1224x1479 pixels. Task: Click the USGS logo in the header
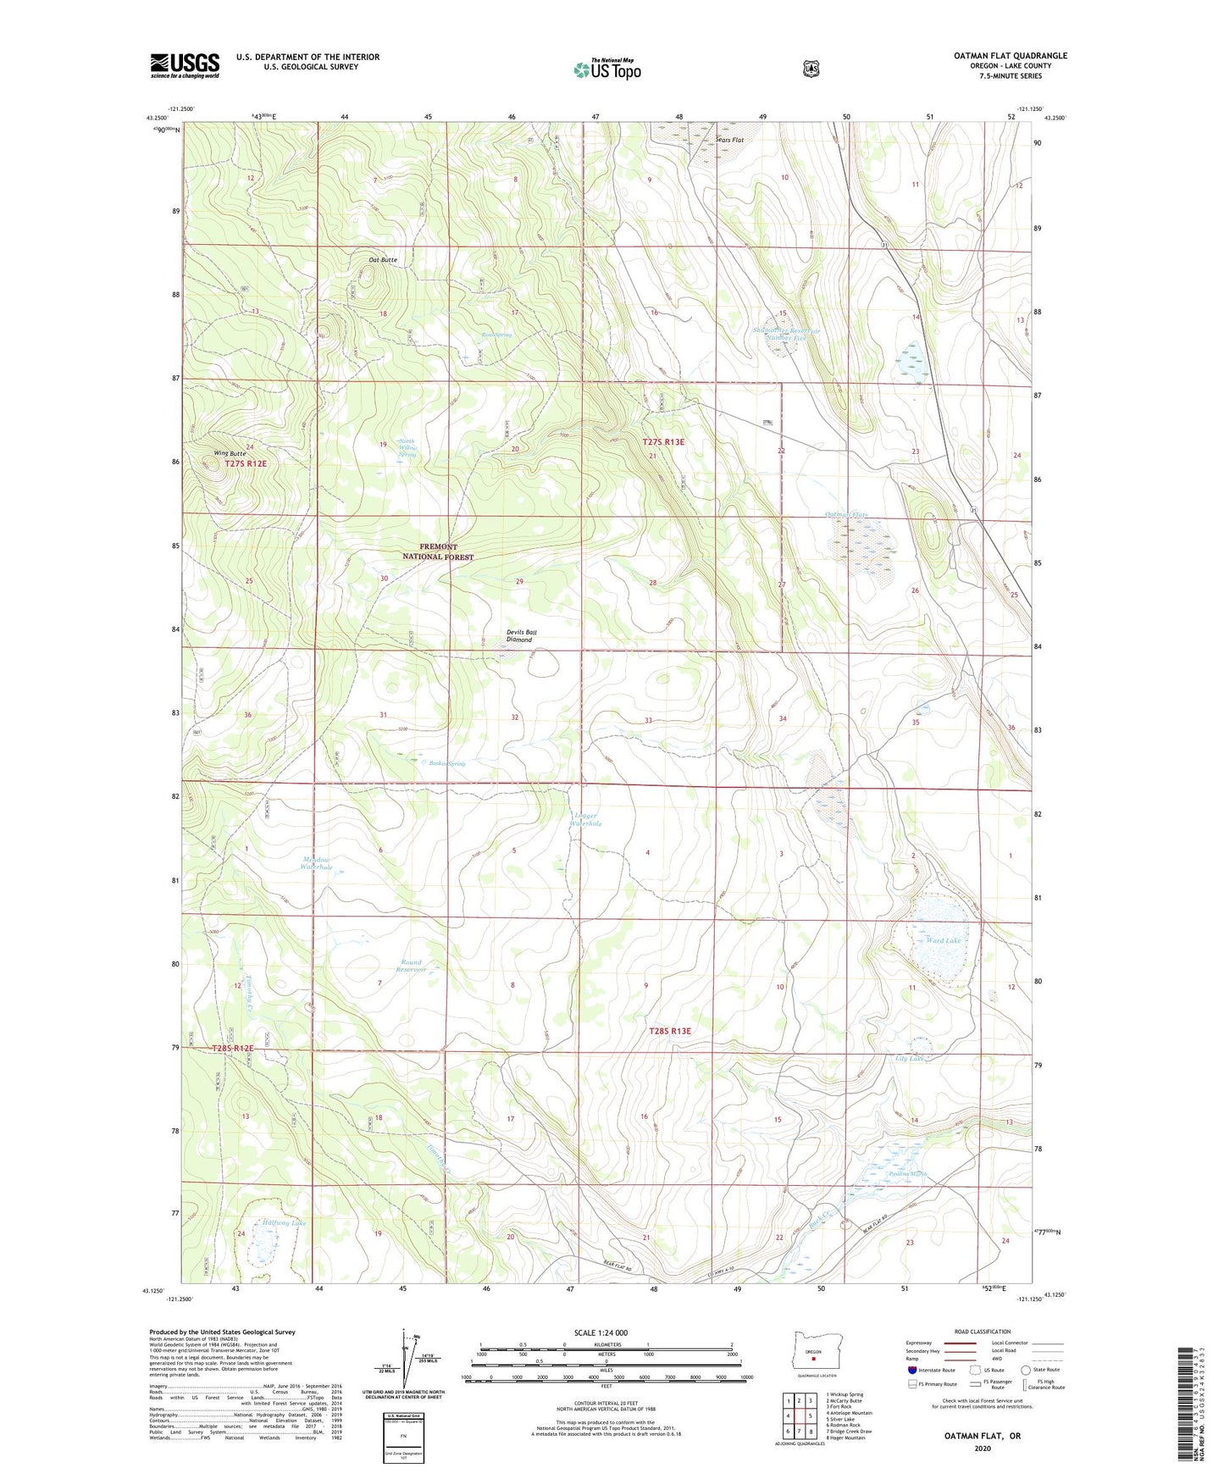[x=185, y=65]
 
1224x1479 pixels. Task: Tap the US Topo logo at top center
[x=606, y=69]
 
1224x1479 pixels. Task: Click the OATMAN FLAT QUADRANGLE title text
[x=1010, y=56]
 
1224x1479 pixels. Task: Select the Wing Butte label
[x=230, y=454]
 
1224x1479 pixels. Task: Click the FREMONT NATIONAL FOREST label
[x=437, y=552]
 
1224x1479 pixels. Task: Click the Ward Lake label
[x=944, y=940]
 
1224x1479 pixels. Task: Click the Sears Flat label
[x=729, y=140]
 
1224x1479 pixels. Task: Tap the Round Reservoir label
[x=411, y=967]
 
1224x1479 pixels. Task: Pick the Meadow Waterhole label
[x=316, y=863]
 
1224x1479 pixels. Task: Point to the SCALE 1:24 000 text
[x=601, y=1332]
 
